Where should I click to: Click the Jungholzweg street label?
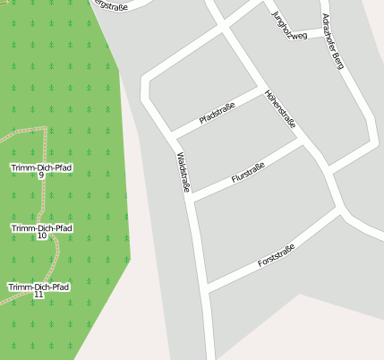[x=287, y=26]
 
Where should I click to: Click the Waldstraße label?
[x=183, y=172]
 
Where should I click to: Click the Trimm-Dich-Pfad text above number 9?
[x=41, y=167]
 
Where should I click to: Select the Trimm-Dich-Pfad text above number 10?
[x=41, y=228]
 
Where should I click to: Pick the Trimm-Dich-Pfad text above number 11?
[x=38, y=287]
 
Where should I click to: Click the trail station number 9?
[x=41, y=176]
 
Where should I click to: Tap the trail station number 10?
[x=41, y=236]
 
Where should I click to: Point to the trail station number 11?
[x=38, y=295]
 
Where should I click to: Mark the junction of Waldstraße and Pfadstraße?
[x=173, y=137]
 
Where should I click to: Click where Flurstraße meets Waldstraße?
[x=191, y=197]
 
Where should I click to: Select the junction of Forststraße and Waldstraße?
[x=206, y=289]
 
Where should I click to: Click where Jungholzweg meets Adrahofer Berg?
[x=323, y=36]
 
